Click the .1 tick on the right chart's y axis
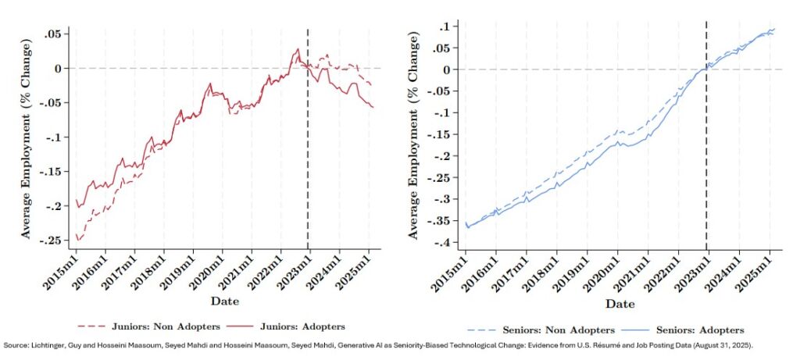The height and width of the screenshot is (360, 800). pyautogui.click(x=445, y=27)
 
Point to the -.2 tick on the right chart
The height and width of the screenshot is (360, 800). pyautogui.click(x=445, y=156)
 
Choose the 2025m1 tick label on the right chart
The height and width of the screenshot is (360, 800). pyautogui.click(x=754, y=273)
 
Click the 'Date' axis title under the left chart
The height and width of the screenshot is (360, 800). pyautogui.click(x=225, y=301)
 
